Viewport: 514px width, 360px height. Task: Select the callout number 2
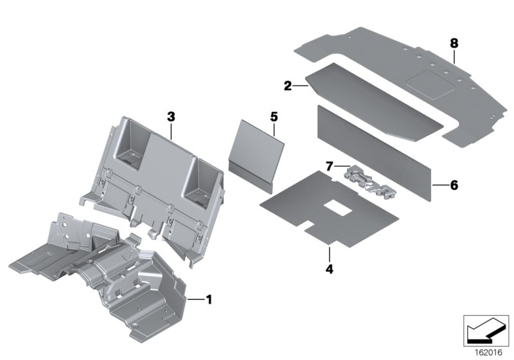pos(288,84)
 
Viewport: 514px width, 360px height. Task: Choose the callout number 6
pos(454,184)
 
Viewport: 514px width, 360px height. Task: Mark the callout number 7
pos(328,166)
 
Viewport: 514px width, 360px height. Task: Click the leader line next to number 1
pos(193,298)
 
